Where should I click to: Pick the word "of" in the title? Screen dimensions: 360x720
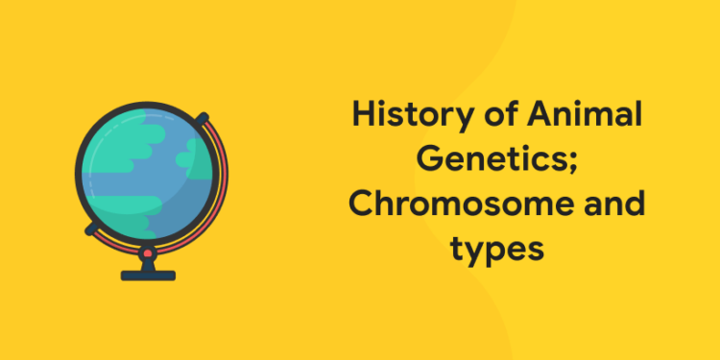483,117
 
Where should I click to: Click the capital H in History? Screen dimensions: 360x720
361,117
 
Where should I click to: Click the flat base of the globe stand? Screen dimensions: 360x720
148,275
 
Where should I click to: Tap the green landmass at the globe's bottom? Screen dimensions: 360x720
125,216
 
